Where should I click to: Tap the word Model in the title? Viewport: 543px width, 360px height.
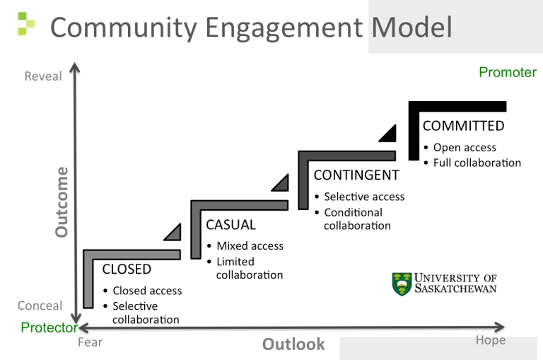point(411,28)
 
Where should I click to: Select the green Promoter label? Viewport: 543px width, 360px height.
point(507,72)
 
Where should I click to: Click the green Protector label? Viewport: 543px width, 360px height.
point(49,327)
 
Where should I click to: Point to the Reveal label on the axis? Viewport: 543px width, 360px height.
point(43,76)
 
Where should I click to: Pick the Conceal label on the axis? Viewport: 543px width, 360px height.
point(40,306)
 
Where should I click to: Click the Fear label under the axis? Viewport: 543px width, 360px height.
point(90,342)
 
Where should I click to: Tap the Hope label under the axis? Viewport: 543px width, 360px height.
point(490,340)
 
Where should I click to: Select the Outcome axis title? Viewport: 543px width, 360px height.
point(62,202)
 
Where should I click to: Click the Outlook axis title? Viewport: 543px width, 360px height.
point(293,344)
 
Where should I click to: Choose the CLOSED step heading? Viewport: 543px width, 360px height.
point(127,269)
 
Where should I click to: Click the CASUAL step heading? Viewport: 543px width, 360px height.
point(230,225)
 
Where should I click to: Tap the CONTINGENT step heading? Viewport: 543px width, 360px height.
point(356,175)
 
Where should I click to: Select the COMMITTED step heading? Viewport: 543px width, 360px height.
point(463,126)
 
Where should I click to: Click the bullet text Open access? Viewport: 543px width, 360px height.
point(465,148)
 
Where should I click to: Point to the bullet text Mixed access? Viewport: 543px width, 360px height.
point(250,246)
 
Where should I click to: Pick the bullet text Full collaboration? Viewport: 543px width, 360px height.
point(477,163)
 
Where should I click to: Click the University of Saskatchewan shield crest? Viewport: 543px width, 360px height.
point(402,283)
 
